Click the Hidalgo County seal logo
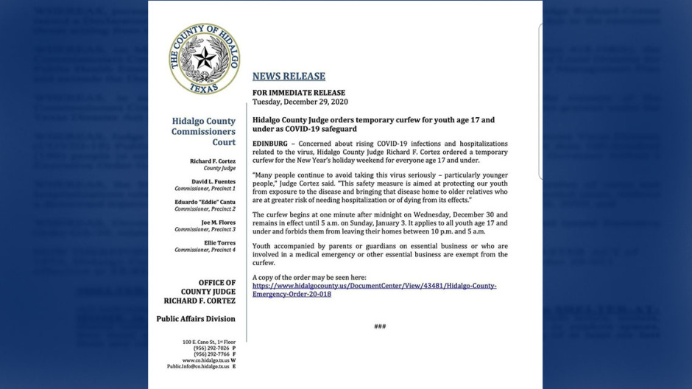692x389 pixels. [x=204, y=58]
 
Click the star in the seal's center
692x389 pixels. [x=204, y=57]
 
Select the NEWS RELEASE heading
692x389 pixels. [x=289, y=76]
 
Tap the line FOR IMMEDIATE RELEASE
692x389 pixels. [x=298, y=93]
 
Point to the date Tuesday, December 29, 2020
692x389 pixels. [x=300, y=102]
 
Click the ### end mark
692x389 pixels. [x=380, y=326]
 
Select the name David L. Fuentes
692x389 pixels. [x=213, y=181]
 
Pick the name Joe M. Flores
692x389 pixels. [x=218, y=222]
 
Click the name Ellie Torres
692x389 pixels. [x=219, y=242]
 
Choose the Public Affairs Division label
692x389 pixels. [x=196, y=319]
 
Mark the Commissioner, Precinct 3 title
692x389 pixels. [x=205, y=229]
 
